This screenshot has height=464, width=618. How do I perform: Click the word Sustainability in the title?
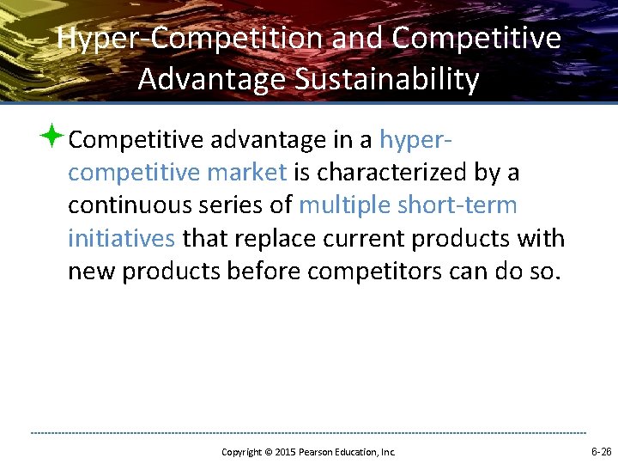(x=386, y=79)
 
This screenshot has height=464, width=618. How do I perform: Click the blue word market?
(x=248, y=173)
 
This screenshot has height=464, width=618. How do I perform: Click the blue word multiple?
(x=345, y=205)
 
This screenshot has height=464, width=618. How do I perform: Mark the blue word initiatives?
(x=121, y=238)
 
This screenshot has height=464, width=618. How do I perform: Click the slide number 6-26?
(x=601, y=451)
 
